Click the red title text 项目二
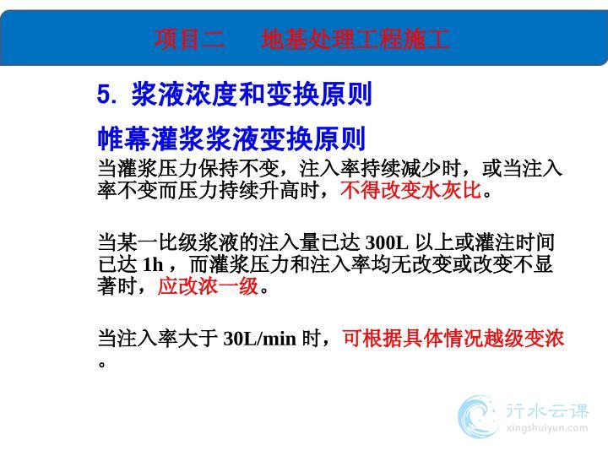[x=190, y=39]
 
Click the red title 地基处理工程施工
[x=356, y=39]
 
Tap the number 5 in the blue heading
[x=104, y=95]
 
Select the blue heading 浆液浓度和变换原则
[x=252, y=94]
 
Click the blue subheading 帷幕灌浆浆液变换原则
[x=231, y=138]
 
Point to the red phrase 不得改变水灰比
[x=410, y=190]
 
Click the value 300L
[x=387, y=242]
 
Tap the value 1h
[x=153, y=264]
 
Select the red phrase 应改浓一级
[x=208, y=286]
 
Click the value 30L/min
[x=260, y=339]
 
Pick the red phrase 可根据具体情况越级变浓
[x=453, y=338]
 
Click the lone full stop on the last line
[x=102, y=365]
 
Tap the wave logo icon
[x=478, y=416]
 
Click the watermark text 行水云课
[x=547, y=410]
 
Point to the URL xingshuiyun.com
[x=547, y=428]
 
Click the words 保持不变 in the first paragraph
[x=239, y=168]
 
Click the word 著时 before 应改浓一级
[x=117, y=286]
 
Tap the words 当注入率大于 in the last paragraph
[x=157, y=338]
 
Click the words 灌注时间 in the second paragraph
[x=515, y=242]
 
